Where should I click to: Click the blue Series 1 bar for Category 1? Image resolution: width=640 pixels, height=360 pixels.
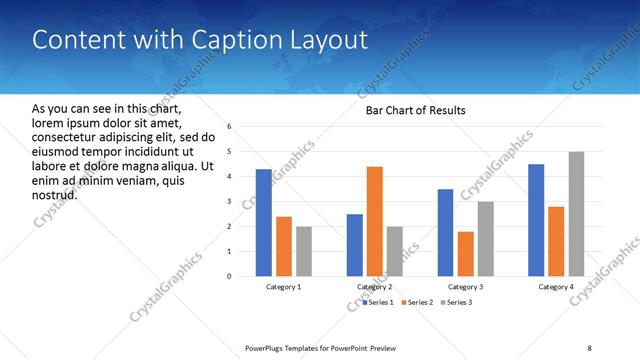click(x=263, y=222)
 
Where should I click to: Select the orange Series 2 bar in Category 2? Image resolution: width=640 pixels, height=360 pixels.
click(x=375, y=220)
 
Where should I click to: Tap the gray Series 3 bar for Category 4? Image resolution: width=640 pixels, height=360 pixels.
click(x=577, y=214)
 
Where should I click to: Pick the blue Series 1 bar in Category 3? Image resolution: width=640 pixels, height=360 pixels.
click(x=445, y=232)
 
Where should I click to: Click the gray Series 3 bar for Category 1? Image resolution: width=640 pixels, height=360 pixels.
click(x=304, y=251)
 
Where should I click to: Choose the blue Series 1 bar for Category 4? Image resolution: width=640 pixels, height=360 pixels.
click(x=536, y=220)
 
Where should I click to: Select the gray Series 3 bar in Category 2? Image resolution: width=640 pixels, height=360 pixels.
click(x=395, y=251)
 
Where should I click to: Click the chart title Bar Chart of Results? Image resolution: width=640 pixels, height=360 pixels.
click(x=415, y=110)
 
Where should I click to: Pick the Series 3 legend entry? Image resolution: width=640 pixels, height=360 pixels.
click(x=456, y=301)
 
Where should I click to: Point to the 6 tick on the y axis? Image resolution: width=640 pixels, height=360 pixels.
click(x=230, y=127)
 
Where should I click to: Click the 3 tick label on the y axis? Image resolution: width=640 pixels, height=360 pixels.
click(x=230, y=202)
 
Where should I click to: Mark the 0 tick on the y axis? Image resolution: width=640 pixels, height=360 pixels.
click(x=230, y=276)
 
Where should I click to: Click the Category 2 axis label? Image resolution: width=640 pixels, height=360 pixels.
click(x=375, y=287)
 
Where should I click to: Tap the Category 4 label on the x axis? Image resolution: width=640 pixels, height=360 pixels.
click(x=557, y=287)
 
